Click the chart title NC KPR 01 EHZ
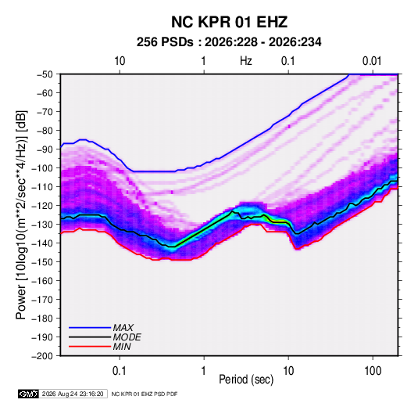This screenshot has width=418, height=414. [229, 22]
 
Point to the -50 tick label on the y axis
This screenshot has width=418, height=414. [45, 74]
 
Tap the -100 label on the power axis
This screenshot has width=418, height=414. [42, 168]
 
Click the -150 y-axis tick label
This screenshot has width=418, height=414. [42, 262]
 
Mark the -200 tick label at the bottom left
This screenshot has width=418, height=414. [42, 356]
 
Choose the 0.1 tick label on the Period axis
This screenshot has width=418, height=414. [120, 371]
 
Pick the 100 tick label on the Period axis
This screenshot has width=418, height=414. [373, 371]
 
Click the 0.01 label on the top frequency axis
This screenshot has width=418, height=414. [372, 61]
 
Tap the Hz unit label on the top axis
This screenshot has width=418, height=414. [246, 61]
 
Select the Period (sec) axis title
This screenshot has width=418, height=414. [246, 380]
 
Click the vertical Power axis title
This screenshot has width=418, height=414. [21, 215]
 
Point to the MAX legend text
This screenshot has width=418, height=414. [123, 328]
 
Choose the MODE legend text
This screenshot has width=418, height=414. [127, 337]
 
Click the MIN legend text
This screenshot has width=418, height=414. [122, 347]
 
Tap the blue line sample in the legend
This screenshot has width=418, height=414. [90, 328]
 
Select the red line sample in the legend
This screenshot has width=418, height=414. [90, 347]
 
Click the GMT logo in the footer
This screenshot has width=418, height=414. [29, 394]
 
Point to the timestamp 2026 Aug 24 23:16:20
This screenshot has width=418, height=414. [73, 394]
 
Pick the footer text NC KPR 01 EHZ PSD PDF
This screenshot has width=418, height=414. [145, 394]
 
